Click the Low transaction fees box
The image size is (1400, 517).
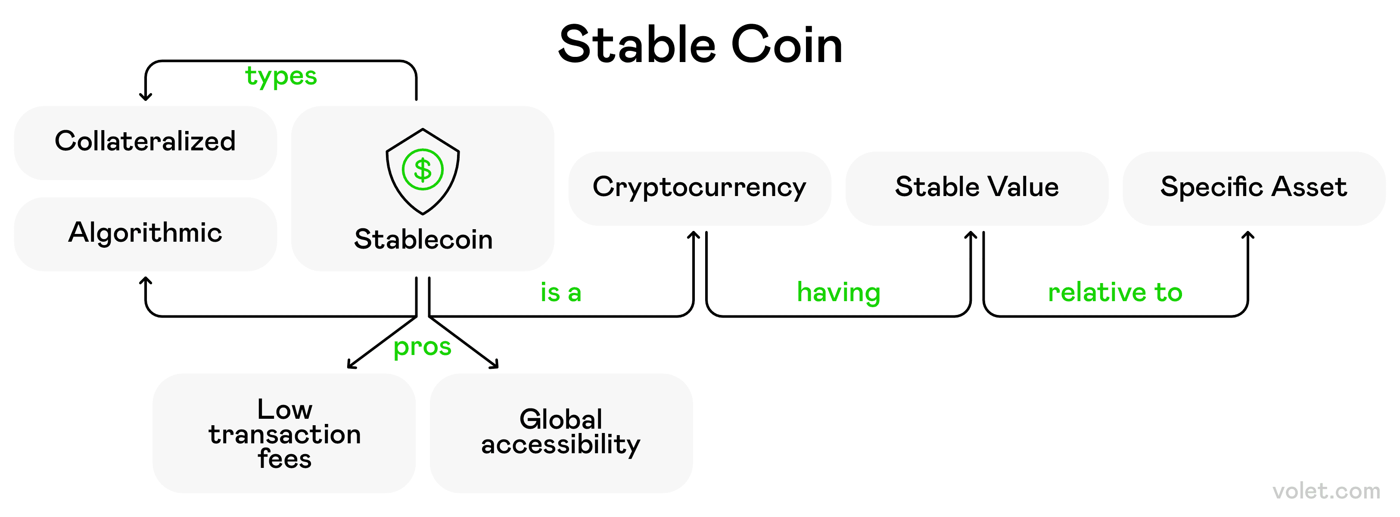coord(284,433)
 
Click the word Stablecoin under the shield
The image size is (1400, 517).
coord(423,240)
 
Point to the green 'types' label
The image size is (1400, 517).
coord(280,77)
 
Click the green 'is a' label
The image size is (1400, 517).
coord(560,293)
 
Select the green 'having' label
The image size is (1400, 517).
coord(838,293)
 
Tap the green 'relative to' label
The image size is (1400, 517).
coord(1115,293)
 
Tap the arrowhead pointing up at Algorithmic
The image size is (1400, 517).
coord(145,280)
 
